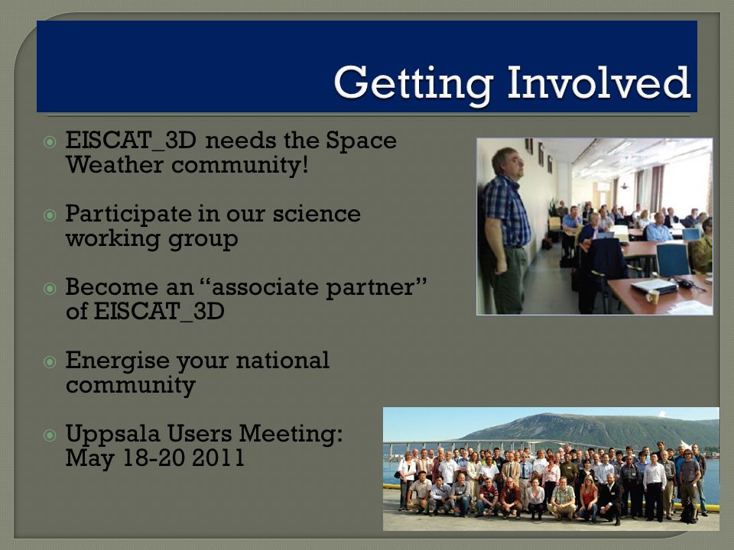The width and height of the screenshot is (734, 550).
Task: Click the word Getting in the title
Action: click(414, 83)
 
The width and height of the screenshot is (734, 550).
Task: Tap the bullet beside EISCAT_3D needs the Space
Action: click(50, 142)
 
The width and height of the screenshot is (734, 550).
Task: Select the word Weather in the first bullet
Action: click(114, 165)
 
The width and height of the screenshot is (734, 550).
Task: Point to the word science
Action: click(317, 214)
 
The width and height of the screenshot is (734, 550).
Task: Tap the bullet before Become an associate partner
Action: click(50, 288)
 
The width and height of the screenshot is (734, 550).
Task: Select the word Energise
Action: click(117, 361)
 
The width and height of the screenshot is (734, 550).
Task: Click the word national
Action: click(282, 360)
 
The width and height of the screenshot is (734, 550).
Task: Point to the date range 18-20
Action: click(154, 458)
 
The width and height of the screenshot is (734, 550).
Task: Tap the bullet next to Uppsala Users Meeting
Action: click(50, 435)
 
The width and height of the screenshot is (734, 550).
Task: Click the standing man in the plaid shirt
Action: click(506, 230)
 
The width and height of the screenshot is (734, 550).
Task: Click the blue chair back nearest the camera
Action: click(673, 260)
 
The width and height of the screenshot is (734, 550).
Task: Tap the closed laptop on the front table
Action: click(654, 285)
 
